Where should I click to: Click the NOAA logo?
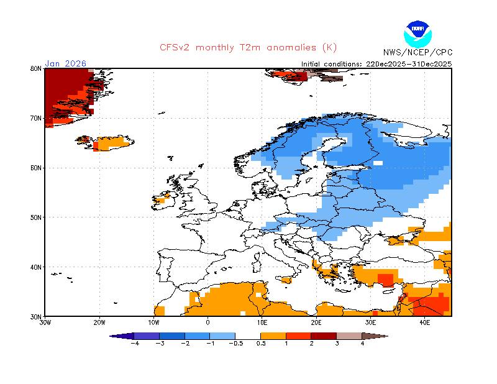[417, 34]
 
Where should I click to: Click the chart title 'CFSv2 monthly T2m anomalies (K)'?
[248, 48]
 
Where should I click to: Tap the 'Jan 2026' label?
[66, 63]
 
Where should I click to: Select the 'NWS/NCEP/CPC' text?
[417, 52]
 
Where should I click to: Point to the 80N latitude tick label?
[36, 68]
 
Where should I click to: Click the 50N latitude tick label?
[36, 217]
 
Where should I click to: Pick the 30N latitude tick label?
[36, 317]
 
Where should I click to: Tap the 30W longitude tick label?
[45, 323]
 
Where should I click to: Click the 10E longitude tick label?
[262, 323]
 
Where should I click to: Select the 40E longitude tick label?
[425, 323]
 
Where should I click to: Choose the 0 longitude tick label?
[208, 323]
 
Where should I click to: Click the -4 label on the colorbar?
[135, 344]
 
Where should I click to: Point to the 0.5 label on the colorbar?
[261, 344]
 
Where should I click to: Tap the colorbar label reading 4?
[362, 344]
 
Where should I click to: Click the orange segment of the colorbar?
[273, 336]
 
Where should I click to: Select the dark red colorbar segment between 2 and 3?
[324, 336]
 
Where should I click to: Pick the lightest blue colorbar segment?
[222, 336]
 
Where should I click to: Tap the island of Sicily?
[286, 280]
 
